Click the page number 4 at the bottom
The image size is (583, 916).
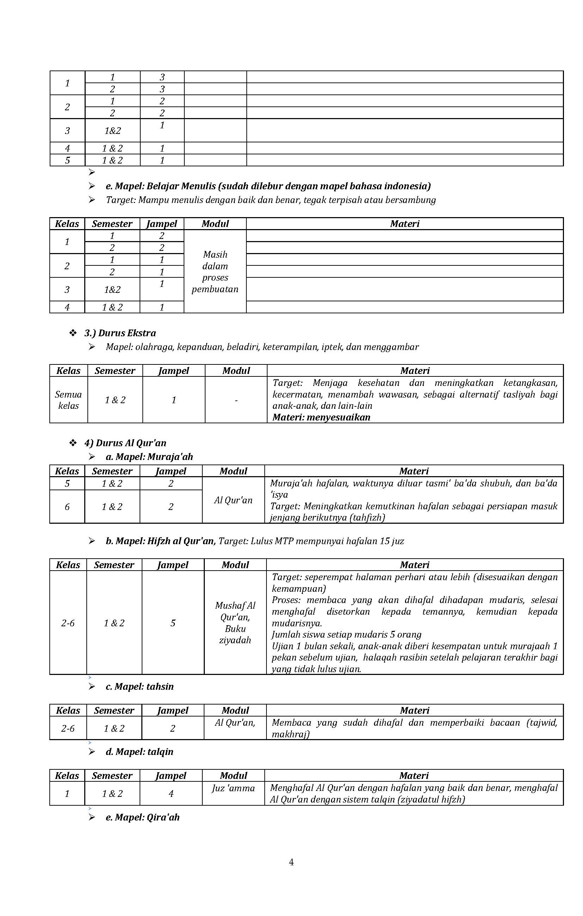[291, 862]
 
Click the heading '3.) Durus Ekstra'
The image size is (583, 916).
[120, 333]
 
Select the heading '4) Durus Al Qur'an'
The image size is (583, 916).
[125, 443]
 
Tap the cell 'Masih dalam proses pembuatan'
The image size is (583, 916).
[215, 272]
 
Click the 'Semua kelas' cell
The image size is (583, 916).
[68, 400]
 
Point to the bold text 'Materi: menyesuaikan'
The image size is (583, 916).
[321, 417]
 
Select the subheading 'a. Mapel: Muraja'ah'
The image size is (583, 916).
[149, 456]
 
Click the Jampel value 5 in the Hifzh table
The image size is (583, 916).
[173, 623]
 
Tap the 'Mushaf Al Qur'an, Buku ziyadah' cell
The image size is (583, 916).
[235, 623]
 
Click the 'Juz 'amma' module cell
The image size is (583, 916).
[233, 788]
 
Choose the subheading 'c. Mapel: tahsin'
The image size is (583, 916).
[140, 686]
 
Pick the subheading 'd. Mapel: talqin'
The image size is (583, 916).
[140, 751]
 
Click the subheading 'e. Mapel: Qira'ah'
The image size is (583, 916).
[143, 817]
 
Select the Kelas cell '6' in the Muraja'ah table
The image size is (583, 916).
[67, 507]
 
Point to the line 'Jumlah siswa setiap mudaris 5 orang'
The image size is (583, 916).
[346, 634]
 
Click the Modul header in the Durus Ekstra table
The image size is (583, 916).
[236, 370]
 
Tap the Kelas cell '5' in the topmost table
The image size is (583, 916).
[67, 160]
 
